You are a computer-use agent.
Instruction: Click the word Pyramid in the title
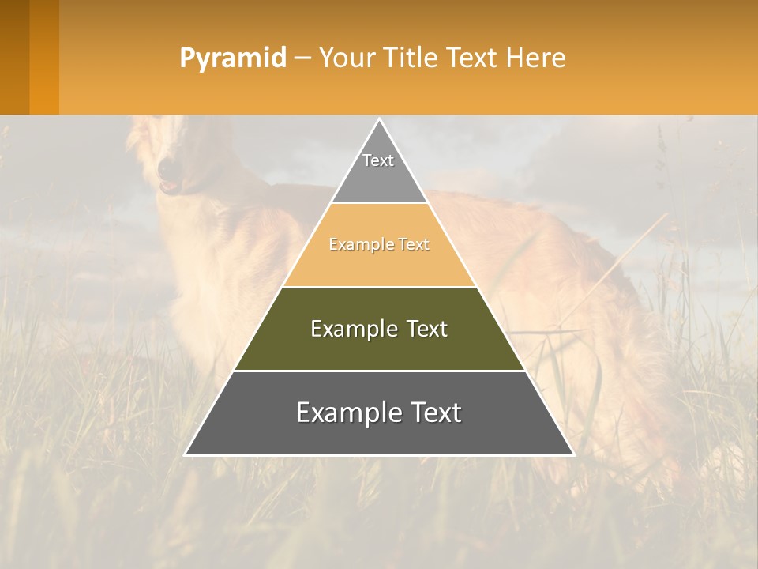(x=232, y=58)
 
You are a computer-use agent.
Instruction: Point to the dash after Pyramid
(x=302, y=58)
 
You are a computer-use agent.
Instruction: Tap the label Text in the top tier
(x=378, y=160)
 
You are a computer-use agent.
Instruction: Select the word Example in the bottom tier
(x=343, y=413)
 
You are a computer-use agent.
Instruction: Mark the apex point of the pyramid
(x=379, y=119)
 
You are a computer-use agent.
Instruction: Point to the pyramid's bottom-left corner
(x=185, y=454)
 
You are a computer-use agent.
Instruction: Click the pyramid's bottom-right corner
(x=574, y=454)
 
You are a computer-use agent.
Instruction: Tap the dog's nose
(x=167, y=168)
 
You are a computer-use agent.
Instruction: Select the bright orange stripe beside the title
(x=44, y=58)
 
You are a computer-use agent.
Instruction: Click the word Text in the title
(x=473, y=58)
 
